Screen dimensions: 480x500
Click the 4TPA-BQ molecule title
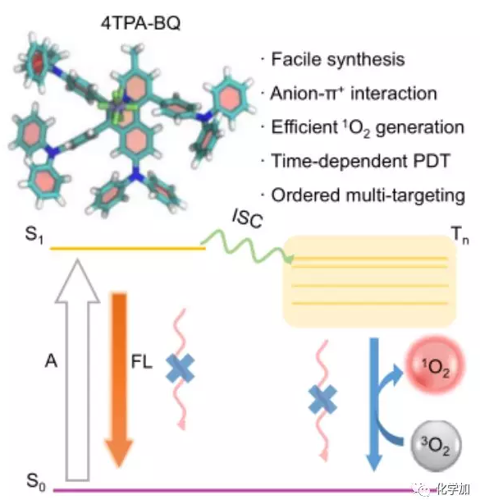(140, 23)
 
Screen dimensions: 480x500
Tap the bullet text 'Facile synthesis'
(338, 59)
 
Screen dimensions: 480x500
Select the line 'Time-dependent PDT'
(360, 161)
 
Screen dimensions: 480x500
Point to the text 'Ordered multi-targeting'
(368, 195)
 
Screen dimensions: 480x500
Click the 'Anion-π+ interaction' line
(354, 94)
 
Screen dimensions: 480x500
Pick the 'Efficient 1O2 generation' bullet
(368, 127)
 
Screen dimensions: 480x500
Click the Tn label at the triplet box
(460, 235)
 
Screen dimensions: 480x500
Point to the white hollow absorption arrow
(77, 370)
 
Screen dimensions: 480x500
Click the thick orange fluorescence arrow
(119, 379)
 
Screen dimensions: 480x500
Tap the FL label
(142, 362)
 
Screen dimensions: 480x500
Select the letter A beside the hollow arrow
(51, 361)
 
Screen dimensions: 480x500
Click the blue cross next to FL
(181, 369)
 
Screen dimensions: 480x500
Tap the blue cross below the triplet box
(322, 399)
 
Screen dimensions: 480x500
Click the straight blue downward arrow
(374, 403)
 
